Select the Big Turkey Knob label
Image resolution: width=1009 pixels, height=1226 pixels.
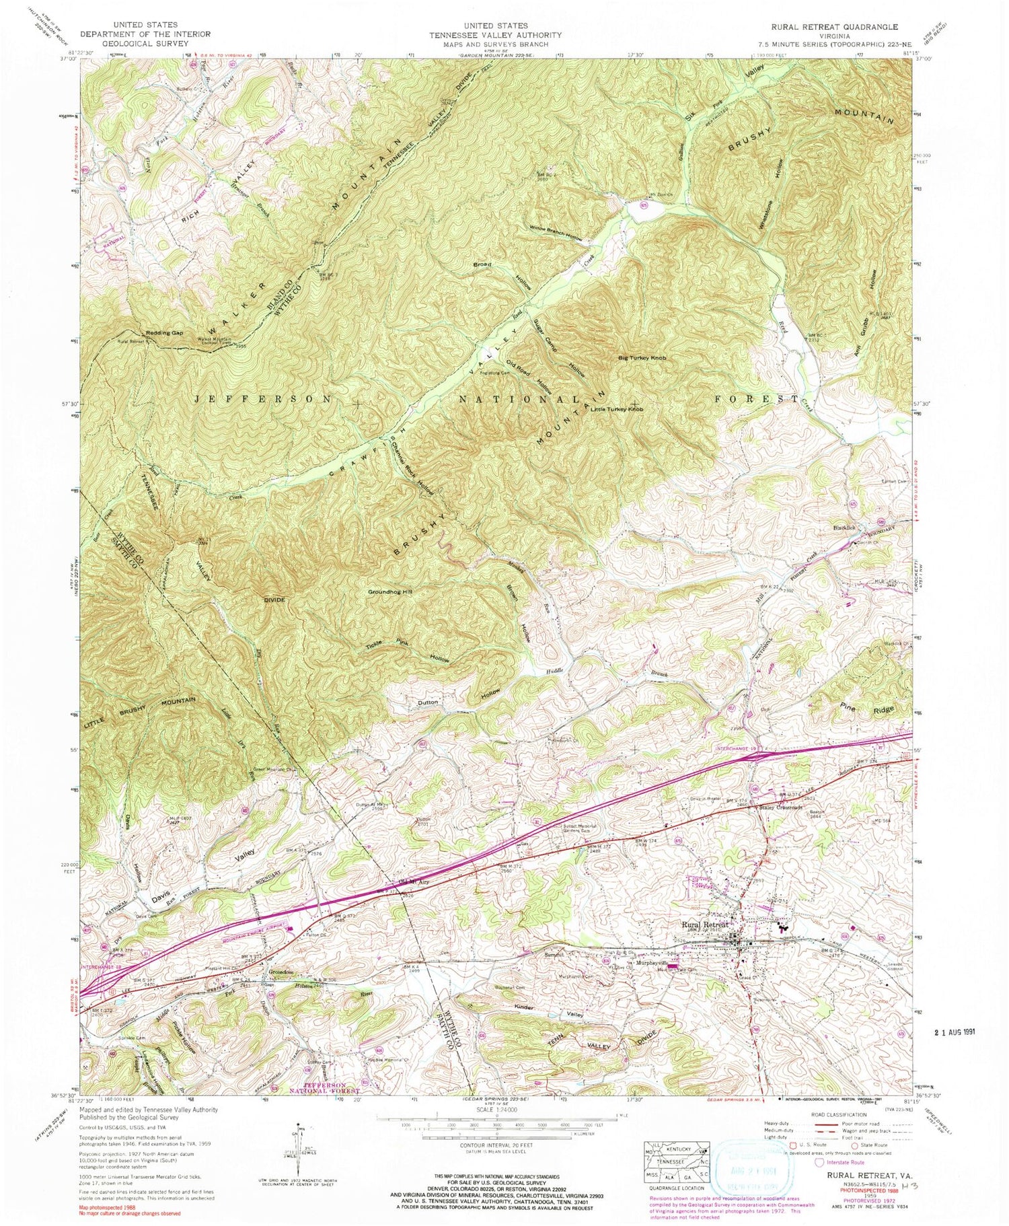(x=642, y=359)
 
